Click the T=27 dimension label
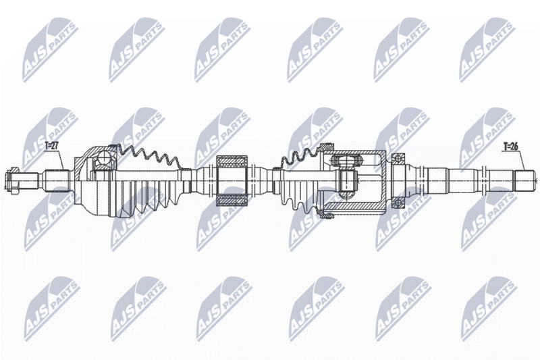click(53, 146)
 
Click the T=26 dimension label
click(510, 147)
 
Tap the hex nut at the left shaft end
click(13, 180)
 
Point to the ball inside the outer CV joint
click(103, 159)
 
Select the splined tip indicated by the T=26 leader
click(525, 181)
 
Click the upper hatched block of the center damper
click(232, 161)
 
